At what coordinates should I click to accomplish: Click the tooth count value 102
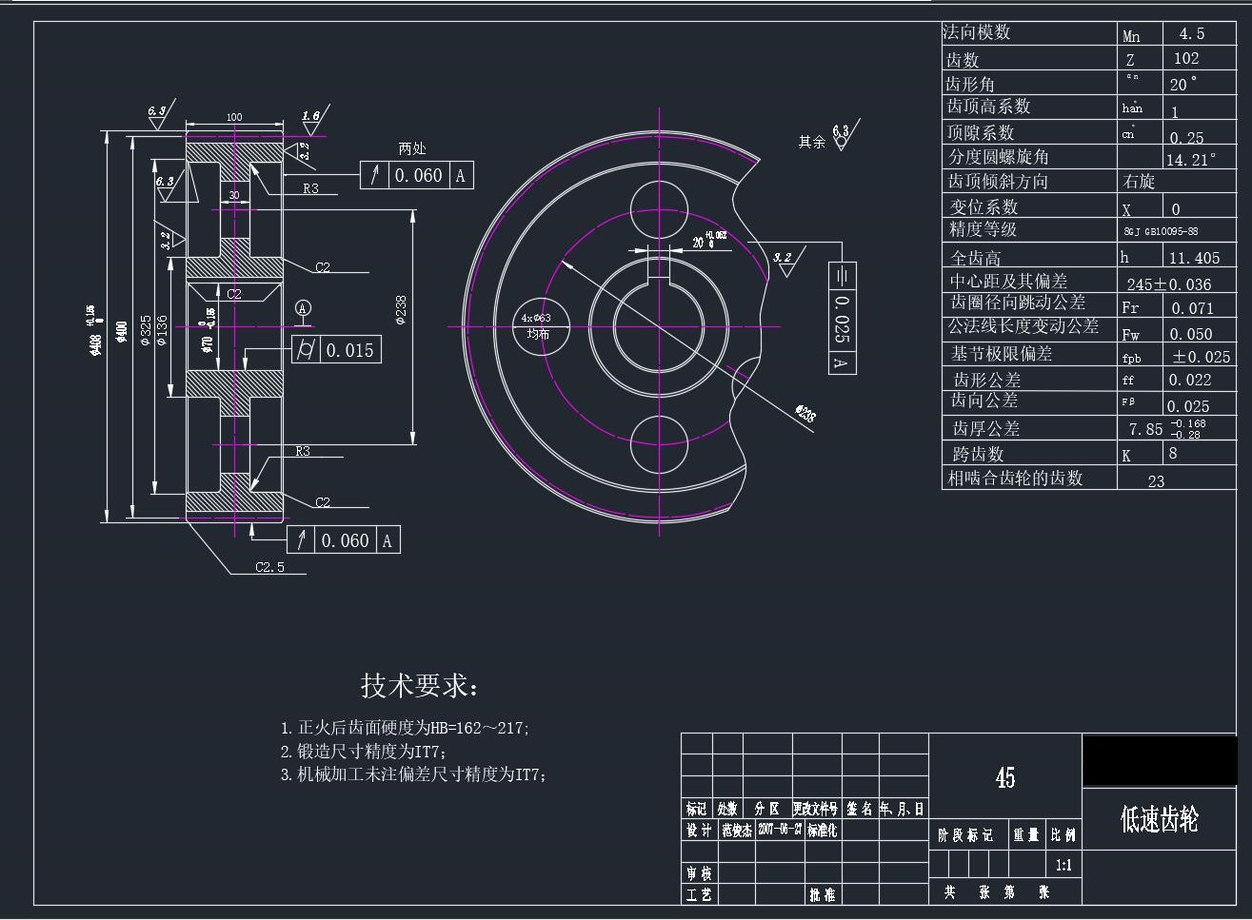pyautogui.click(x=1185, y=58)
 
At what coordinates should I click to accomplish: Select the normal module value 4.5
pyautogui.click(x=1191, y=33)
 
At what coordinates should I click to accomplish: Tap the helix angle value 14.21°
pyautogui.click(x=1190, y=159)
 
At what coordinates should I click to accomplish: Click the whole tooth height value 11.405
pyautogui.click(x=1194, y=258)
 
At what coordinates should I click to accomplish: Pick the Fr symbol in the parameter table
pyautogui.click(x=1130, y=307)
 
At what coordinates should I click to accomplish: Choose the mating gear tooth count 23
pyautogui.click(x=1156, y=480)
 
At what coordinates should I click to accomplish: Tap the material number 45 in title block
pyautogui.click(x=1004, y=777)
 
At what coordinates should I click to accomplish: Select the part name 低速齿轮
pyautogui.click(x=1159, y=818)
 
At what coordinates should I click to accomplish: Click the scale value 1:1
pyautogui.click(x=1063, y=866)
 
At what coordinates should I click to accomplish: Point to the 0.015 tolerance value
pyautogui.click(x=349, y=350)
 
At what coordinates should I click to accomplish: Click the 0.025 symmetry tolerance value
pyautogui.click(x=842, y=318)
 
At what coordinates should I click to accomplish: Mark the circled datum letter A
pyautogui.click(x=303, y=307)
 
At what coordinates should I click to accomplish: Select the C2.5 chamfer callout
pyautogui.click(x=269, y=568)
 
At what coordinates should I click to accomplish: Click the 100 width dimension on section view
pyautogui.click(x=233, y=117)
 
